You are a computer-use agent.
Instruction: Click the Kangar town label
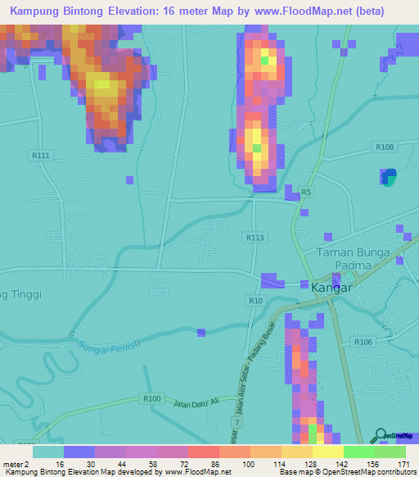[332, 288]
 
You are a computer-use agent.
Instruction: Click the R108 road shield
[386, 147]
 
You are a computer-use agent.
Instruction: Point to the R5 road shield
[305, 192]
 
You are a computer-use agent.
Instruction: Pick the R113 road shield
[255, 237]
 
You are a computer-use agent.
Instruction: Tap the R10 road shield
[256, 302]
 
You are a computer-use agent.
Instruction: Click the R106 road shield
[363, 342]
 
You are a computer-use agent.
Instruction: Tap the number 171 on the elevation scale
[404, 464]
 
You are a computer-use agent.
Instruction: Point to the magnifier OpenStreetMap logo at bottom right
[381, 434]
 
